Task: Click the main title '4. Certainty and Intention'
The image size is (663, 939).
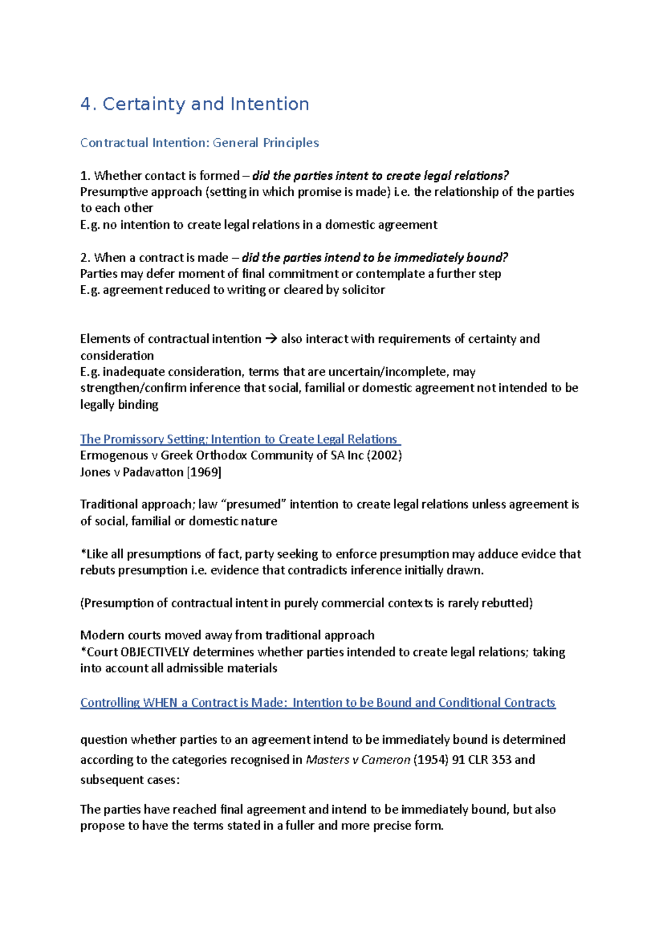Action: (194, 104)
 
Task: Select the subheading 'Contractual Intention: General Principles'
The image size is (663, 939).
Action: (199, 143)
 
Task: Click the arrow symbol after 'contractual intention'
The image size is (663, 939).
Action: (271, 339)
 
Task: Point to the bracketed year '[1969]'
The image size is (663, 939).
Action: (204, 472)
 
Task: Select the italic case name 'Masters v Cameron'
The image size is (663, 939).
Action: (358, 760)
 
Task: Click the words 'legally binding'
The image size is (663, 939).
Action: (119, 405)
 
